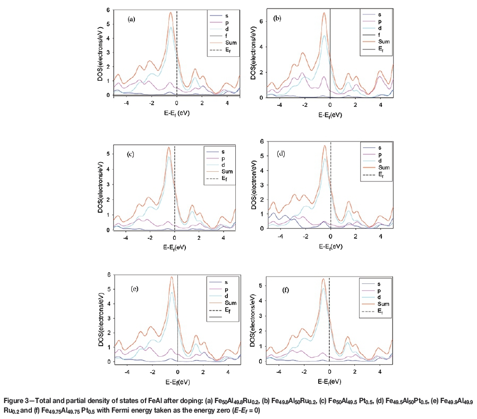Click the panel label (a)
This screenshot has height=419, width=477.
[132, 20]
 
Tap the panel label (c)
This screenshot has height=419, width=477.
[129, 155]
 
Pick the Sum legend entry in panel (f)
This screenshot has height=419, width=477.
[381, 304]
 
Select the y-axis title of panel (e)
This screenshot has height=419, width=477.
[101, 320]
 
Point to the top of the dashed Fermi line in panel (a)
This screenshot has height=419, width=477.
[176, 11]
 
